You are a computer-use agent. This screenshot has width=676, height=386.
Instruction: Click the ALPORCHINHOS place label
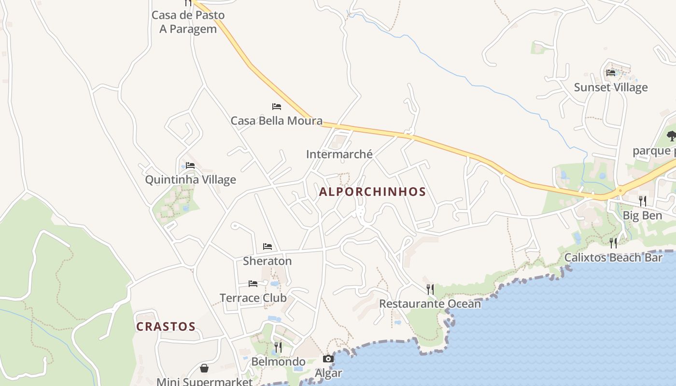tap(372, 192)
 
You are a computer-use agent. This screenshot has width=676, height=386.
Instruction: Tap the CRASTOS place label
tap(166, 327)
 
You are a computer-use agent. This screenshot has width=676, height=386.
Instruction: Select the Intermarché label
tap(339, 154)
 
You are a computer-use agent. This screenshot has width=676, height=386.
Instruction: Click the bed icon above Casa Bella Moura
tap(277, 107)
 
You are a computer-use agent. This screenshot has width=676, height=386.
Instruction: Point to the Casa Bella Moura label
tap(276, 121)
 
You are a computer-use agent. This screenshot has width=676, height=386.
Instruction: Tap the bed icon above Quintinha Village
tap(190, 165)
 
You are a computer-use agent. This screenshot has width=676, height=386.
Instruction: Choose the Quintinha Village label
tap(191, 179)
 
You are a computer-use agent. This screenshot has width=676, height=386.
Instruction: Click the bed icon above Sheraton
tap(268, 247)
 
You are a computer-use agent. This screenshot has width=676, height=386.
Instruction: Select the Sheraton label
tap(267, 261)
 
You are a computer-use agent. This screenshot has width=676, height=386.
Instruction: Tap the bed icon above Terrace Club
tap(253, 284)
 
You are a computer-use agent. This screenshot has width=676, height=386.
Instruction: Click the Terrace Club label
tap(253, 298)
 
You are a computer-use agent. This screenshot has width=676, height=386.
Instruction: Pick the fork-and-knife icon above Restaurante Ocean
tap(430, 289)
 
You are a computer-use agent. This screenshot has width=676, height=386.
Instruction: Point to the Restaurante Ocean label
tap(430, 303)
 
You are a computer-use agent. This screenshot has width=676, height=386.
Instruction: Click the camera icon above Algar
tap(328, 359)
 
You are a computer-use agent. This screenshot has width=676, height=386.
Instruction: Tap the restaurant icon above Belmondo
tap(278, 347)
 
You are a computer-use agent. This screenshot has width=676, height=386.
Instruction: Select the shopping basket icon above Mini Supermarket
tap(204, 369)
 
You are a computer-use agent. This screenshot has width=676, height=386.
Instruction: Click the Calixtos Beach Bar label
tap(613, 258)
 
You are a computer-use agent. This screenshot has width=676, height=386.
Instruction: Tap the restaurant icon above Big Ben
tap(642, 201)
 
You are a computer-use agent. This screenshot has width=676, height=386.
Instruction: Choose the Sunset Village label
tap(611, 87)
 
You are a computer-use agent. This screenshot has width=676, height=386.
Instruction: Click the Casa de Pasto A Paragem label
tap(188, 22)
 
